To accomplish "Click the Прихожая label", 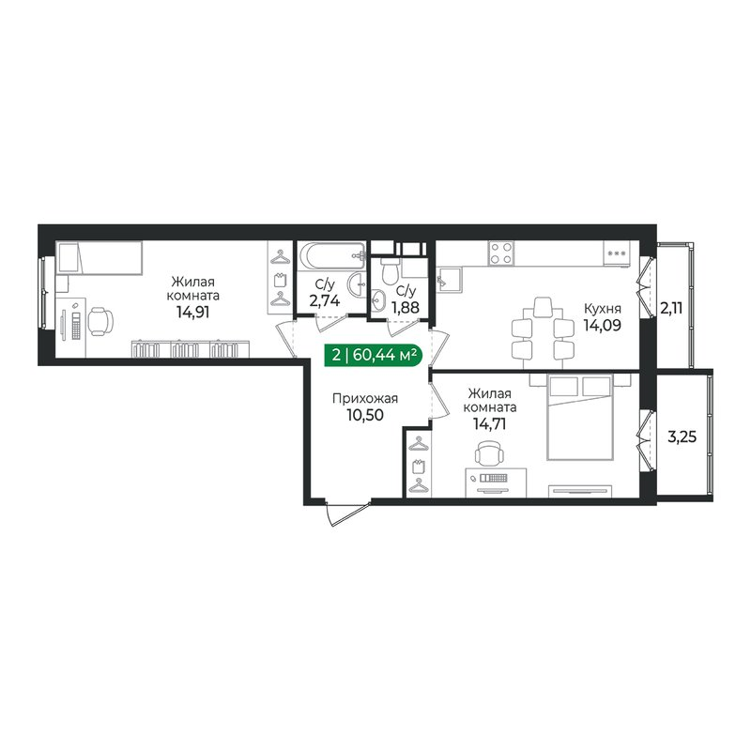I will tap(365, 398).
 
